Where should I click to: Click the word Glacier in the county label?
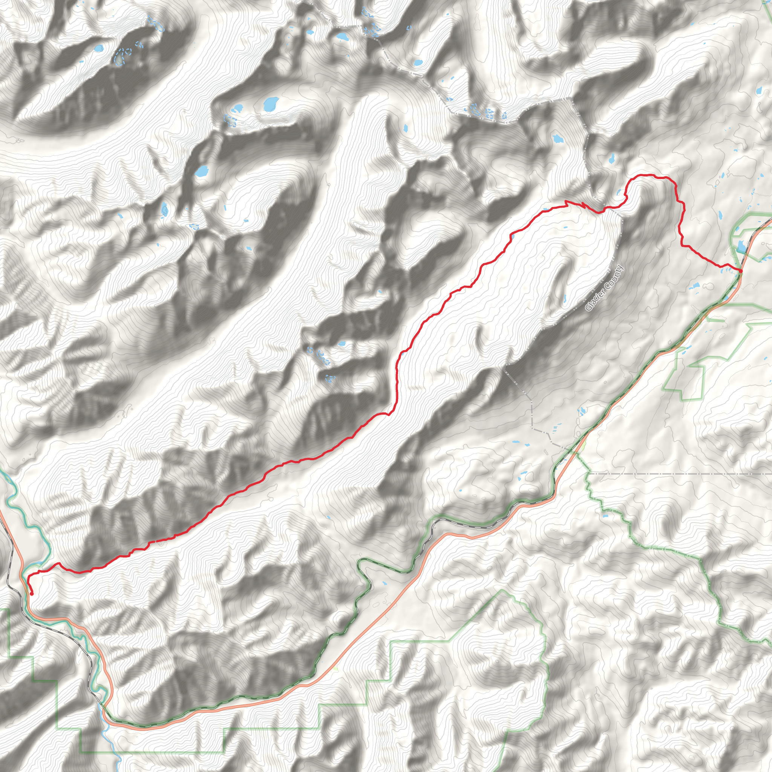(593, 300)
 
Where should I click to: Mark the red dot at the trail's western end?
(32, 594)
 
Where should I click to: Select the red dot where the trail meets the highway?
(740, 271)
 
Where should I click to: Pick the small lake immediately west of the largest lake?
(239, 108)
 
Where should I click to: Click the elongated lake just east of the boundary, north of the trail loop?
(612, 158)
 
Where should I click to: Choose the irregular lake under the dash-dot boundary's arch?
(557, 139)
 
